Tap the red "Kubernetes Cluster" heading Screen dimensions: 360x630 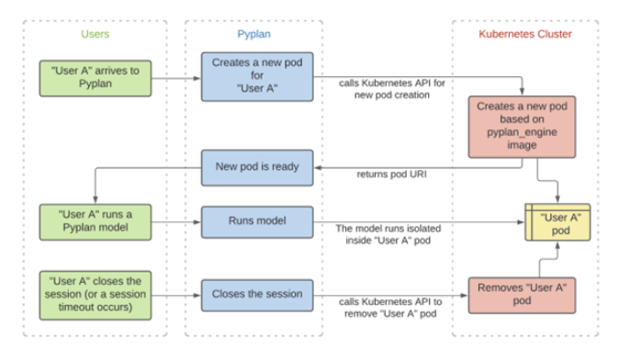(x=525, y=34)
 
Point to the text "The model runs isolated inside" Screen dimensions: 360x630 (x=386, y=234)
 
